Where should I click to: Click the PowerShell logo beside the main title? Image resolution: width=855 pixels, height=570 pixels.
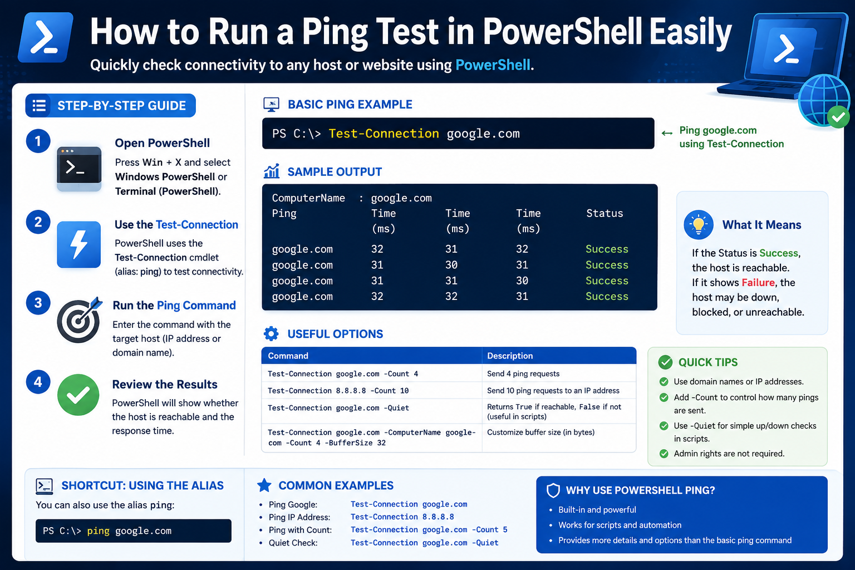point(46,37)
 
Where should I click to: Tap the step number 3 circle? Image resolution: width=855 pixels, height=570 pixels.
point(38,303)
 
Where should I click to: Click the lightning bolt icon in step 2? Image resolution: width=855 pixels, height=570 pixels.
point(78,244)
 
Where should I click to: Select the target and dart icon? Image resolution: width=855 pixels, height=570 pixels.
point(80,320)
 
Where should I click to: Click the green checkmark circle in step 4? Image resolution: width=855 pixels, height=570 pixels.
point(78,395)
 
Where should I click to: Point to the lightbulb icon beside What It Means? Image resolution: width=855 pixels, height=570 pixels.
point(699,224)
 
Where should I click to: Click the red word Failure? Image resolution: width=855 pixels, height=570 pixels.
point(758,283)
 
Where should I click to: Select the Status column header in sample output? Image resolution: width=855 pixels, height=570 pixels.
point(605,213)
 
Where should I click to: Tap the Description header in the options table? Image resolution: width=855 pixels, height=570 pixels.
point(510,356)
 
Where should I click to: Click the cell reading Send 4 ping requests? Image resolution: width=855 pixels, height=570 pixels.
point(523,374)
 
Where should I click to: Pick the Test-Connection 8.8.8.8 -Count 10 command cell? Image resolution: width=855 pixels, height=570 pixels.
point(338,391)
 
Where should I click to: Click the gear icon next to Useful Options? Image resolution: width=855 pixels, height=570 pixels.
point(271,333)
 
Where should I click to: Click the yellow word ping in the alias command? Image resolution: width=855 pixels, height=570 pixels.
point(98,531)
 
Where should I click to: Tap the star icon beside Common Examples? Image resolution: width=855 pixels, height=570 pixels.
point(264,485)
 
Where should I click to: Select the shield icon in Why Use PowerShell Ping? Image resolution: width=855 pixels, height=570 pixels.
point(553,490)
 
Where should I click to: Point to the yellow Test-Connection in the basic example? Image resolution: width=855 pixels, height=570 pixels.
point(384,134)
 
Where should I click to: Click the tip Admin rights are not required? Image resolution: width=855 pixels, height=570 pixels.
point(729,454)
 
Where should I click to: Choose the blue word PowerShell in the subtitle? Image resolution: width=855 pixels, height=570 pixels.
point(493,65)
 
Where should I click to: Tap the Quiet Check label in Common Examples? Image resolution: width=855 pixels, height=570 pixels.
point(293,543)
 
